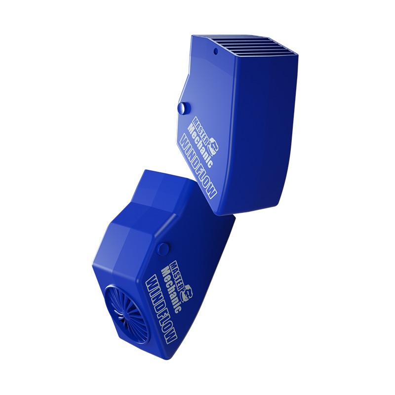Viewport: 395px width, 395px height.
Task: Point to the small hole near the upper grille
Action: click(x=216, y=51)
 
